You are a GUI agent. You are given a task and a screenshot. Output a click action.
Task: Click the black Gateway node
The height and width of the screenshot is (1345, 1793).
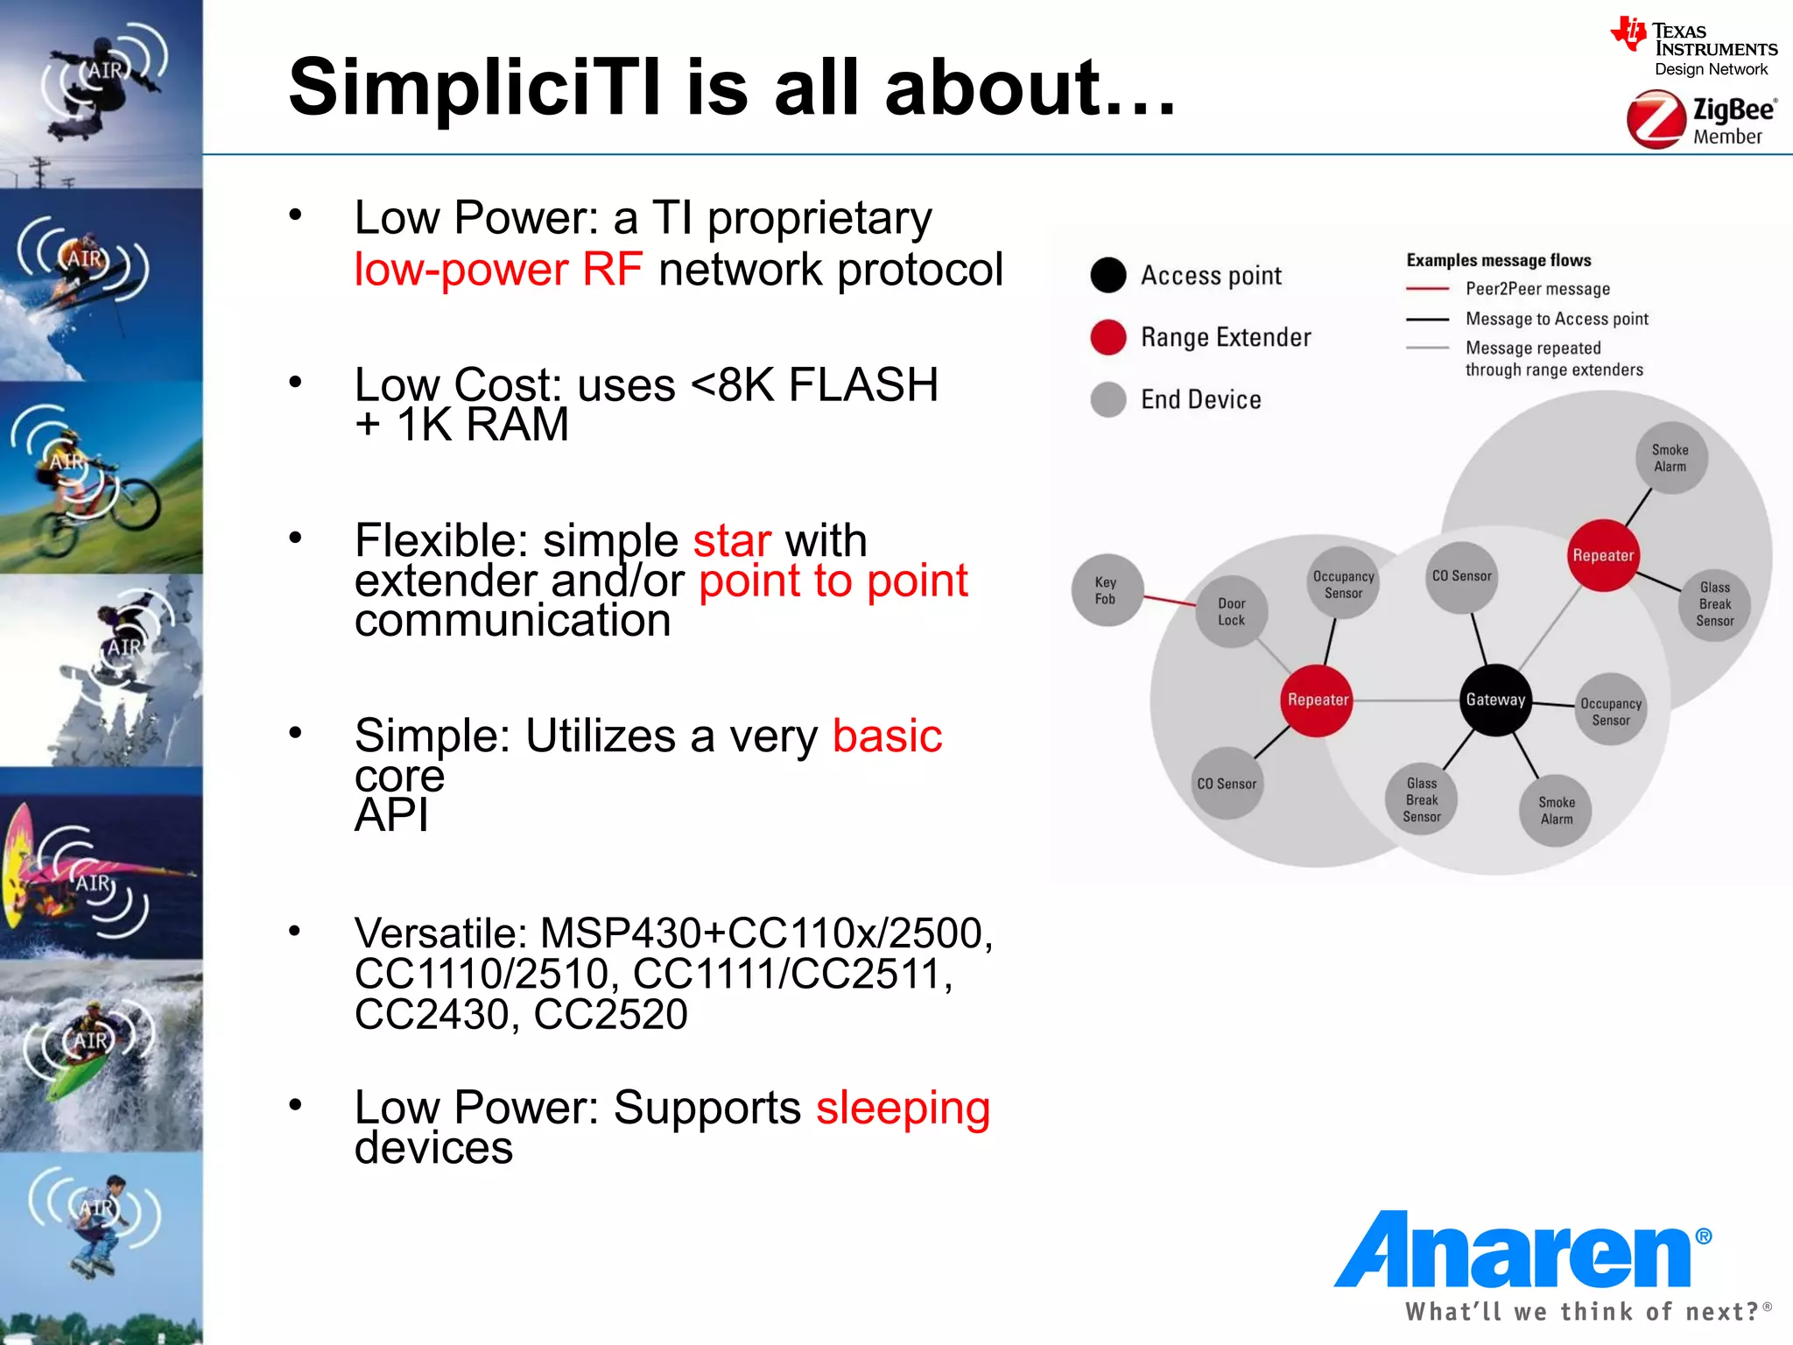point(1495,700)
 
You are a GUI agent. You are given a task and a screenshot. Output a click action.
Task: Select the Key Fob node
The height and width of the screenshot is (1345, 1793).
point(1106,590)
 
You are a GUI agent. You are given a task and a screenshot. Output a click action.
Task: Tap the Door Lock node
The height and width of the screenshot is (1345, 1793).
point(1231,611)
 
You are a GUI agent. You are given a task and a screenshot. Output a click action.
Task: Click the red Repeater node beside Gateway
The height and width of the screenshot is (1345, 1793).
point(1317,700)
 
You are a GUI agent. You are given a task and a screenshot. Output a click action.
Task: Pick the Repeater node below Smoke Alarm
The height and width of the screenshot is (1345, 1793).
point(1602,555)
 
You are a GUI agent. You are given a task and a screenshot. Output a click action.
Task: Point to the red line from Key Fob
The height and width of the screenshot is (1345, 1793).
point(1169,600)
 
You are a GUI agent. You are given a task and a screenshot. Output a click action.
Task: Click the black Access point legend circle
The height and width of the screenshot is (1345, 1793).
point(1108,275)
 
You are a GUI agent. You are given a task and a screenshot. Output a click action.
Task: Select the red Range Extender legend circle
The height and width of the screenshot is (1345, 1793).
point(1108,337)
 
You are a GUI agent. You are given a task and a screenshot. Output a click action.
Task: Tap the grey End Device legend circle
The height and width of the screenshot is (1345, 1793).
point(1108,399)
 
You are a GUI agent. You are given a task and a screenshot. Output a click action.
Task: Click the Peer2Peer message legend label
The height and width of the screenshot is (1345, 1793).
point(1537,289)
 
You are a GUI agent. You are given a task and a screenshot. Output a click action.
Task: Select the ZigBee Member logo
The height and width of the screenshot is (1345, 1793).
point(1701,121)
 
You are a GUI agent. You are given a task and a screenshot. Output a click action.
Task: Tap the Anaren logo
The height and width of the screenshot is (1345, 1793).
point(1522,1252)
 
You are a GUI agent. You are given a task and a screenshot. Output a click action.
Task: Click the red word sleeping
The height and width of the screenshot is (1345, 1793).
point(903,1107)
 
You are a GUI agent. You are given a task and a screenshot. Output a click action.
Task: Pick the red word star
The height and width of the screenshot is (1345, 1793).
point(732,540)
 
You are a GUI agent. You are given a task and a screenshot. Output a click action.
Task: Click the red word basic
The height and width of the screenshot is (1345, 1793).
point(887,736)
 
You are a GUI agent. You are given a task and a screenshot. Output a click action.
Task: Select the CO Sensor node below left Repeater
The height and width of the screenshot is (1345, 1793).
point(1227,784)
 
